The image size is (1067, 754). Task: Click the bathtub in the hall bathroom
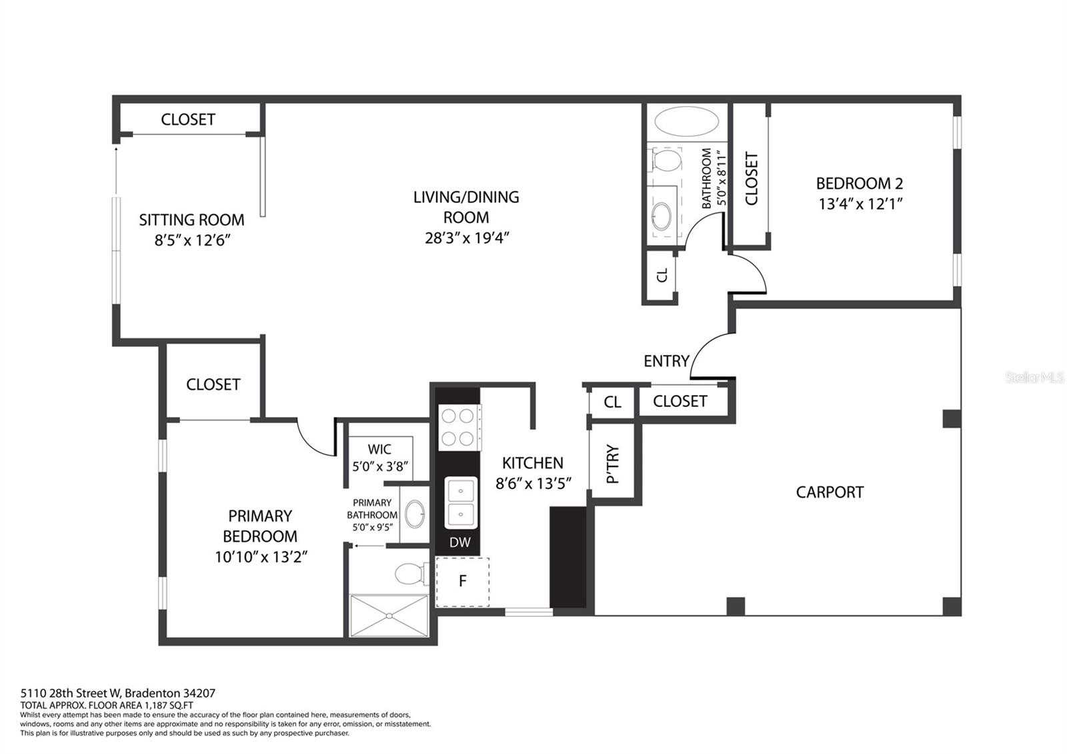686,121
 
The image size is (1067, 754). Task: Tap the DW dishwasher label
459,542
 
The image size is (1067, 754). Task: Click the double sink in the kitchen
461,502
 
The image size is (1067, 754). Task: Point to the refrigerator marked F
463,581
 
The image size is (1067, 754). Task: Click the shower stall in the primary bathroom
389,615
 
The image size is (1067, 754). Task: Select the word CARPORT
830,492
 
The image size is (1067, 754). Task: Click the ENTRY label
666,361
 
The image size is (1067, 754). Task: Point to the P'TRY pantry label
613,464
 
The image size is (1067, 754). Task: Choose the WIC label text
379,449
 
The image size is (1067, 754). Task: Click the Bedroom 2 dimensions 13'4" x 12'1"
860,204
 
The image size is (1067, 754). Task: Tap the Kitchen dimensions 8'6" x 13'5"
533,484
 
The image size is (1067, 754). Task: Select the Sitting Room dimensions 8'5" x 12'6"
192,240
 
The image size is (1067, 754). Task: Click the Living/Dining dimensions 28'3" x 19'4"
467,238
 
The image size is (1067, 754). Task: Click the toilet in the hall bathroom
664,159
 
